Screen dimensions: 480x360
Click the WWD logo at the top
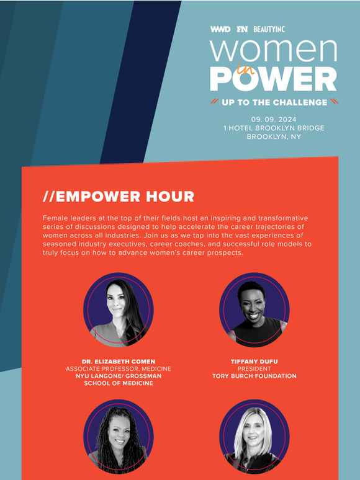coord(220,29)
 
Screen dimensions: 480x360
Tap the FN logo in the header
coord(242,29)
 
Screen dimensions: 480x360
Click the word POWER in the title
coord(273,79)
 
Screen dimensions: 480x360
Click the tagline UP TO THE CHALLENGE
coord(274,102)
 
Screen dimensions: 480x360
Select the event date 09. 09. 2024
coord(274,119)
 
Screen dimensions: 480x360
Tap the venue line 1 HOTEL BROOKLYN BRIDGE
coord(274,128)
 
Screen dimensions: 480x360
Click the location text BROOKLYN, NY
coord(274,136)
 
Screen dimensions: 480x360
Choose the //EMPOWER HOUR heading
coord(119,197)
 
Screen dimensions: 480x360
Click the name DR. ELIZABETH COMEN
coord(118,362)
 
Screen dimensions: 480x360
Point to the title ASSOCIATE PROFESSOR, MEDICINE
coord(118,369)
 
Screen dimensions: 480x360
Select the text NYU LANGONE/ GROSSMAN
coord(118,376)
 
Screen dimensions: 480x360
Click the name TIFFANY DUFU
coord(254,361)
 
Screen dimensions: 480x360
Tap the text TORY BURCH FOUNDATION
coord(254,376)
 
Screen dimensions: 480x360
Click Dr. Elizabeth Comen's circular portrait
coord(118,310)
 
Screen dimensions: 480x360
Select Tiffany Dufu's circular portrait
coord(254,310)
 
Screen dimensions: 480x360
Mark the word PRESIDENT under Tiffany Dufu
coord(254,368)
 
